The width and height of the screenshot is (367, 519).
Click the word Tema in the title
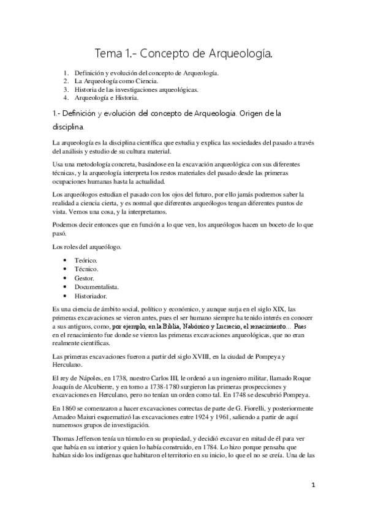[107, 54]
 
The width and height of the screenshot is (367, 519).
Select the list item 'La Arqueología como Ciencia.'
[115, 81]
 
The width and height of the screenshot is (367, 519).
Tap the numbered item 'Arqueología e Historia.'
[106, 97]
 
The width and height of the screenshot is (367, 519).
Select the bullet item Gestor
[85, 277]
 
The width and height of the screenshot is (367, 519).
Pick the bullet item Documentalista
[97, 286]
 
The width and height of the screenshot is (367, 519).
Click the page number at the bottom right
[312, 485]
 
